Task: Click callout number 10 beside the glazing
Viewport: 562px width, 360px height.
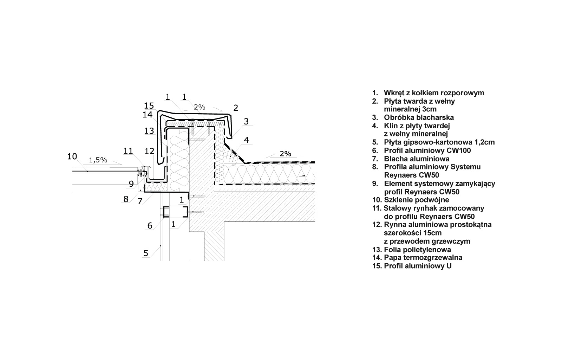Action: tap(72, 156)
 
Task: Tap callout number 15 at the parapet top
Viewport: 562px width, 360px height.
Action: tap(149, 105)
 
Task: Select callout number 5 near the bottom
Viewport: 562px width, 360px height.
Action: tap(146, 253)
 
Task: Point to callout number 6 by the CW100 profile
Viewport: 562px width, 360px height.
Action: tap(150, 225)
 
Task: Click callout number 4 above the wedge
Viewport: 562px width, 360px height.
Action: tap(246, 140)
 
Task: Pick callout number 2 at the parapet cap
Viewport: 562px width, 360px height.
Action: tap(236, 108)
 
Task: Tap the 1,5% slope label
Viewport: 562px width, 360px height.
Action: tap(98, 160)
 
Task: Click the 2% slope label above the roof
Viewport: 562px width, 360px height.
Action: tap(285, 154)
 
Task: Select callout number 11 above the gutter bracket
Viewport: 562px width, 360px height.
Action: tap(128, 151)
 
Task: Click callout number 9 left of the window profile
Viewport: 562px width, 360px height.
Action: tap(131, 183)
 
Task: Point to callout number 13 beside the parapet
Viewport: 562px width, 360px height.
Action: tap(149, 131)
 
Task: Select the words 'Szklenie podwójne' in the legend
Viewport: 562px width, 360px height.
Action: tap(417, 200)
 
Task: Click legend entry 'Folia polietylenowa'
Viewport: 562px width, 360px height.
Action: tap(417, 250)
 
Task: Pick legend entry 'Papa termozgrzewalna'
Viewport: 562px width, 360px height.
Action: tap(423, 258)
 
